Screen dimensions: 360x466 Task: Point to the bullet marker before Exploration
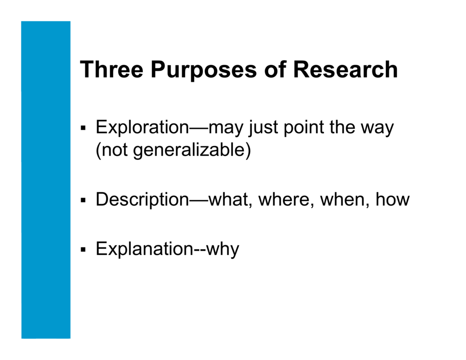click(83, 129)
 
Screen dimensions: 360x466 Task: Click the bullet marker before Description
click(83, 200)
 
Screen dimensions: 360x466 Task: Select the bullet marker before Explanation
click(83, 249)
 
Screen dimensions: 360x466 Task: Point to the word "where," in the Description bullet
click(287, 199)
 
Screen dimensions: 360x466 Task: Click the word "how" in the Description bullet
click(392, 199)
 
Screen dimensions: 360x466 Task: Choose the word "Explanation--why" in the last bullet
click(167, 249)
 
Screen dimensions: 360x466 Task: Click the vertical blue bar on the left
click(46, 180)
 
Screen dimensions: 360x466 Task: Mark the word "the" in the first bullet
click(343, 127)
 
